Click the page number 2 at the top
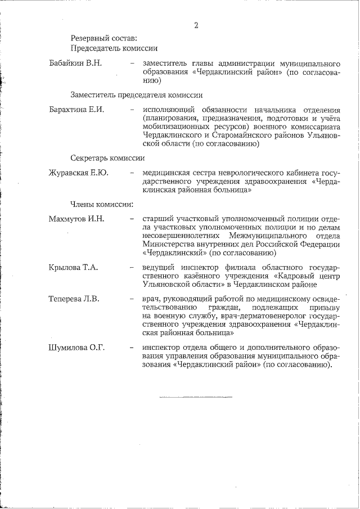pyautogui.click(x=196, y=25)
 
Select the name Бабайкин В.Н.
pyautogui.click(x=75, y=62)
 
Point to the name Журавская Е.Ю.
pyautogui.click(x=78, y=173)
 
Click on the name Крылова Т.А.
pyautogui.click(x=73, y=267)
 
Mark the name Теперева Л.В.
pyautogui.click(x=74, y=299)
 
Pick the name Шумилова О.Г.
pyautogui.click(x=77, y=347)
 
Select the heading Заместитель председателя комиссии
pyautogui.click(x=136, y=94)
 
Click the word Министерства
pyautogui.click(x=168, y=244)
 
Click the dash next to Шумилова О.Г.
pyautogui.click(x=131, y=347)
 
